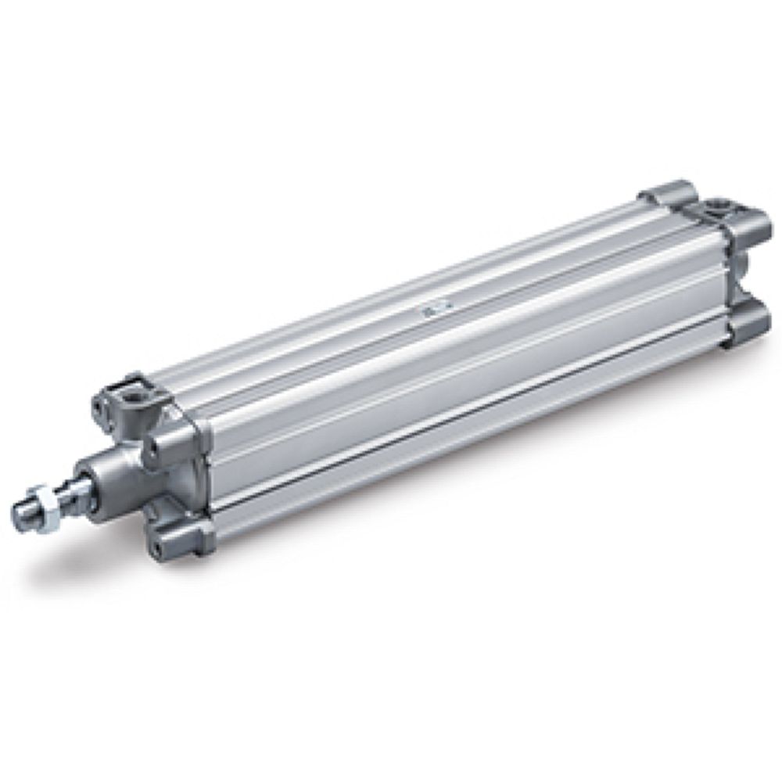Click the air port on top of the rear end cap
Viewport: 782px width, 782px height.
pos(716,208)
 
